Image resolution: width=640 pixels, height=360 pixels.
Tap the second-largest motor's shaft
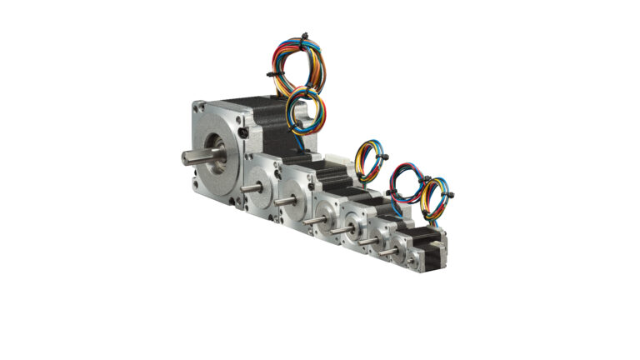coord(247,191)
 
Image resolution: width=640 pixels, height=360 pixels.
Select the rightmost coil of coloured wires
coord(434,201)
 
